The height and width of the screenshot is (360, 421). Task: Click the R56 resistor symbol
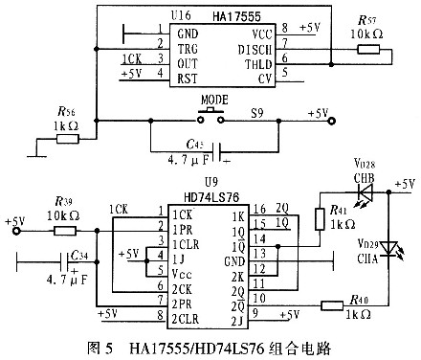point(67,139)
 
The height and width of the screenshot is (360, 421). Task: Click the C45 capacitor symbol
point(222,150)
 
